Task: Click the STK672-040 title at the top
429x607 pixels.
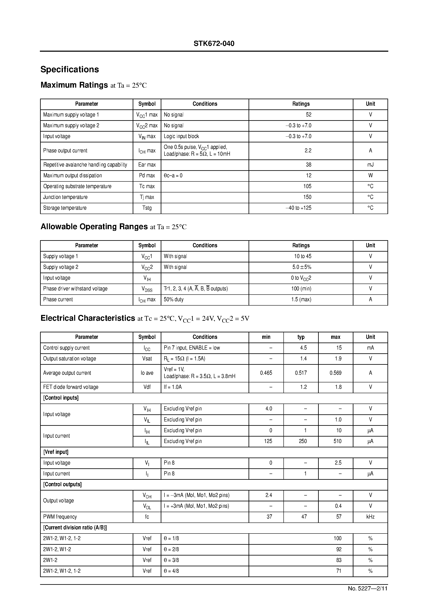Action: click(214, 44)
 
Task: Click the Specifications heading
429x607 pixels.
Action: click(70, 70)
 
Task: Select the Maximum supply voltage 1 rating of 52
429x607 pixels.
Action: click(308, 115)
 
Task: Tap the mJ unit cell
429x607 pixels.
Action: click(370, 165)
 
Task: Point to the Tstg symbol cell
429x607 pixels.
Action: click(147, 208)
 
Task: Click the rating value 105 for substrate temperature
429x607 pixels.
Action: click(307, 186)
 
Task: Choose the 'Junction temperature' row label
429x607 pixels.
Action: click(65, 197)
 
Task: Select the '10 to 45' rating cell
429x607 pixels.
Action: click(303, 256)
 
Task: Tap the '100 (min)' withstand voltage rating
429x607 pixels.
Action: click(301, 289)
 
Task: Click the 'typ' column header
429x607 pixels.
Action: click(301, 337)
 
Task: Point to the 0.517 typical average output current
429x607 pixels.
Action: click(301, 373)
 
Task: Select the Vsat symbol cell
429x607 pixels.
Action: click(147, 359)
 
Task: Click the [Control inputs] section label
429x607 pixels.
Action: click(61, 398)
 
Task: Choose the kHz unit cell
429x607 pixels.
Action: click(370, 517)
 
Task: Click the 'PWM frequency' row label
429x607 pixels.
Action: click(60, 517)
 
